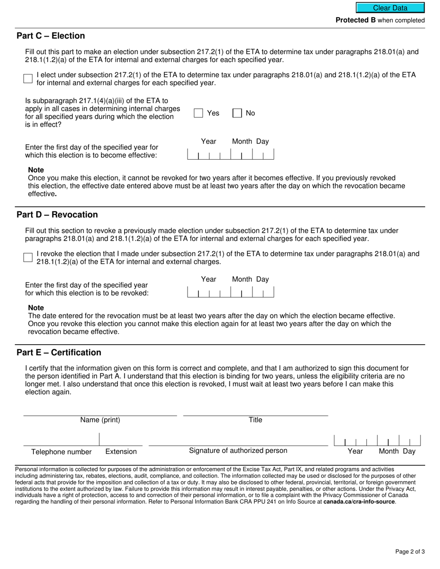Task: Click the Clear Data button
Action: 390,8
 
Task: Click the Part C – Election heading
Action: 51,36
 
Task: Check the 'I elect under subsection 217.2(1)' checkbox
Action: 28,79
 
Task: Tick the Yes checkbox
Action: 199,113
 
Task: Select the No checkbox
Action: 237,113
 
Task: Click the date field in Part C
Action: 230,154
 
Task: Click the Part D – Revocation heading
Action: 57,215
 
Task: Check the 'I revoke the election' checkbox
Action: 28,258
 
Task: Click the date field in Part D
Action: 230,292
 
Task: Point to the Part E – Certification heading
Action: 59,353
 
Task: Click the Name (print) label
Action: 100,420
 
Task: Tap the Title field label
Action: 255,420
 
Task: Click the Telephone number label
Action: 61,452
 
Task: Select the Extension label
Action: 121,452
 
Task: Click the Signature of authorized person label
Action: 238,451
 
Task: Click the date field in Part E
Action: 377,440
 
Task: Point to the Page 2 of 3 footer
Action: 410,551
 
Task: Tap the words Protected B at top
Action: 355,20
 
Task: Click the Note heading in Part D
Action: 36,308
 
